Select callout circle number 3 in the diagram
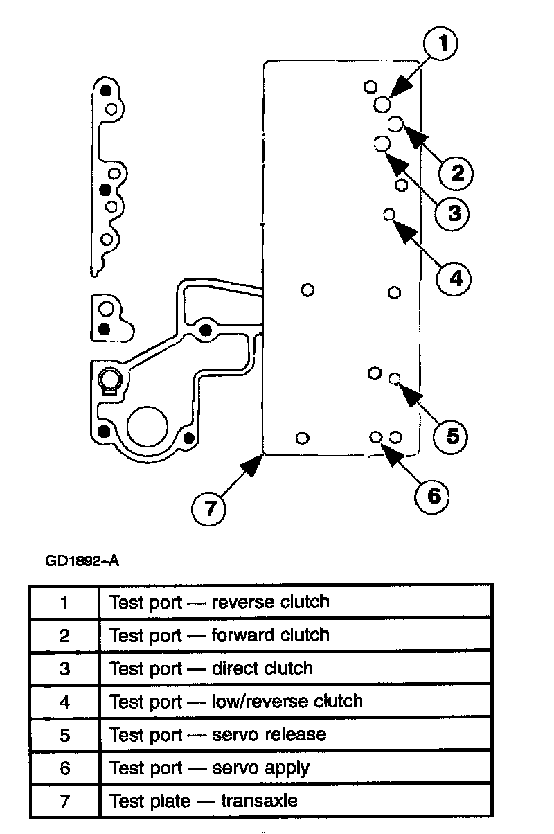pos(453,213)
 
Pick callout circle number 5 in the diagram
pos(452,435)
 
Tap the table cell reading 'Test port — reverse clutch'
pos(295,602)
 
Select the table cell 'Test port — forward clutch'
pos(295,635)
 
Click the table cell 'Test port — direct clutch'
pos(295,668)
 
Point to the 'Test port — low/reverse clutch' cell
pos(295,701)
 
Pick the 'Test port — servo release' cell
pos(295,734)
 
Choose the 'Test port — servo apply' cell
pos(295,768)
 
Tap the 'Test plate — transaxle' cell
pos(295,801)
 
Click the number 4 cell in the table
pos(64,701)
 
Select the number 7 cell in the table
pos(64,801)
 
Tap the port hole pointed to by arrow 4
pos(388,214)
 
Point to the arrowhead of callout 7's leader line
pos(260,459)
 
